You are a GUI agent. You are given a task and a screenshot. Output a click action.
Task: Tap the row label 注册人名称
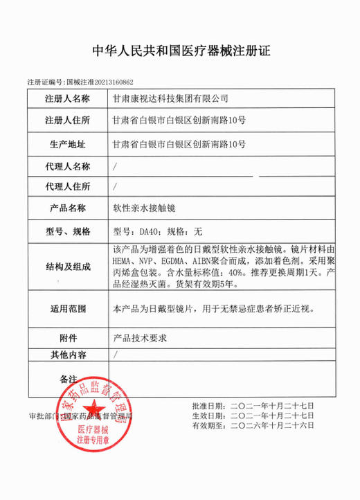tap(67, 99)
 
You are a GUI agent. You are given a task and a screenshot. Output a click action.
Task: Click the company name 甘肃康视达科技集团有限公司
tap(170, 99)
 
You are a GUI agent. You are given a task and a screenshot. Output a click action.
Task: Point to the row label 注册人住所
tap(67, 121)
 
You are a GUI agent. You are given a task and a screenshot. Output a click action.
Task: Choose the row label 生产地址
tap(67, 144)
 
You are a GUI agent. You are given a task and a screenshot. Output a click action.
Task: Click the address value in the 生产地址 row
tap(179, 144)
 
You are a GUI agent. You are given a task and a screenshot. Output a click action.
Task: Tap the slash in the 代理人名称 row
tap(114, 167)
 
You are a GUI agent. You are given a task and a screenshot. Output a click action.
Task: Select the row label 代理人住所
tap(67, 187)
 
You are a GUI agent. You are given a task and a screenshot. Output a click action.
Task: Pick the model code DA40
tap(150, 230)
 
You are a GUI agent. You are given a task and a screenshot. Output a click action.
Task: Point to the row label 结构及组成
tap(67, 267)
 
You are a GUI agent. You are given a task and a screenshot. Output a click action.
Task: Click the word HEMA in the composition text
tap(123, 261)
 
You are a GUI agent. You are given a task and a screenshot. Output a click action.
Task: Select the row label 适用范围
tap(67, 307)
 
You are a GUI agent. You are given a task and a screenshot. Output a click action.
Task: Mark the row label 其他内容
tap(67, 355)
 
